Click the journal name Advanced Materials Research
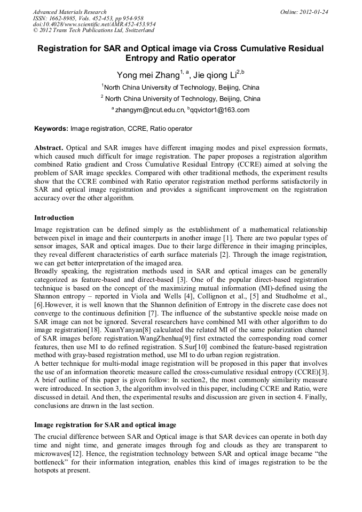click(69, 12)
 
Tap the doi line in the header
click(94, 25)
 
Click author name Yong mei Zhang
click(148, 75)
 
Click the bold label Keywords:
click(51, 129)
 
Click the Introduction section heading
click(54, 218)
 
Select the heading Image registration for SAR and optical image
click(105, 425)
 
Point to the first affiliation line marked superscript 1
click(180, 87)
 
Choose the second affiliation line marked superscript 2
click(180, 99)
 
